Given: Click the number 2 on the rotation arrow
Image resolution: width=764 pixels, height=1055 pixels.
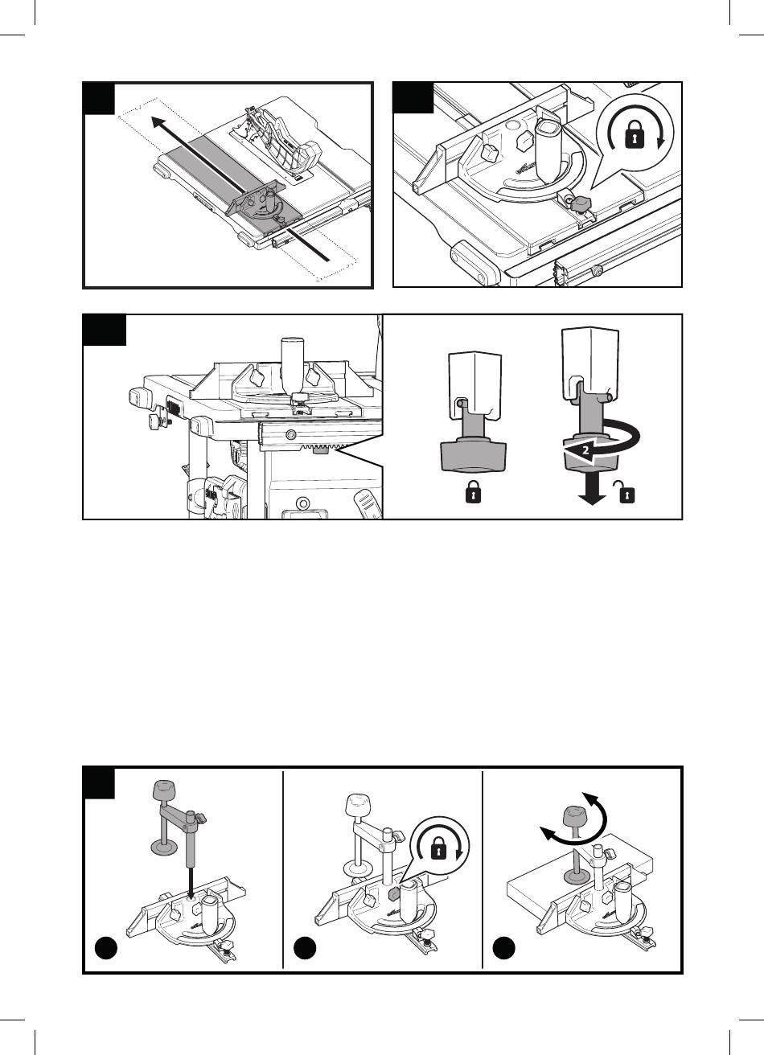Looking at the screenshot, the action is coord(585,450).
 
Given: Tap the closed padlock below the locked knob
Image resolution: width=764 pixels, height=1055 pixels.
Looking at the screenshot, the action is coord(473,494).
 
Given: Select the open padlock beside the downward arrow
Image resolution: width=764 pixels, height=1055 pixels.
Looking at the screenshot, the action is coord(626,493).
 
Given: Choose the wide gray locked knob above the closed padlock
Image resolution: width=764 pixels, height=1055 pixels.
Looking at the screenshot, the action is coord(474,455).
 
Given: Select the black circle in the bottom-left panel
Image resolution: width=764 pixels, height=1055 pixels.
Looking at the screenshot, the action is coord(105,947).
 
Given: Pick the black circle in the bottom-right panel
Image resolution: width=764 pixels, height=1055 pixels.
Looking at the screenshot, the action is coord(504,947).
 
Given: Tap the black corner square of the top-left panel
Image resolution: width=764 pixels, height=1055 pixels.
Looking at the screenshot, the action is coord(99,98).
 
